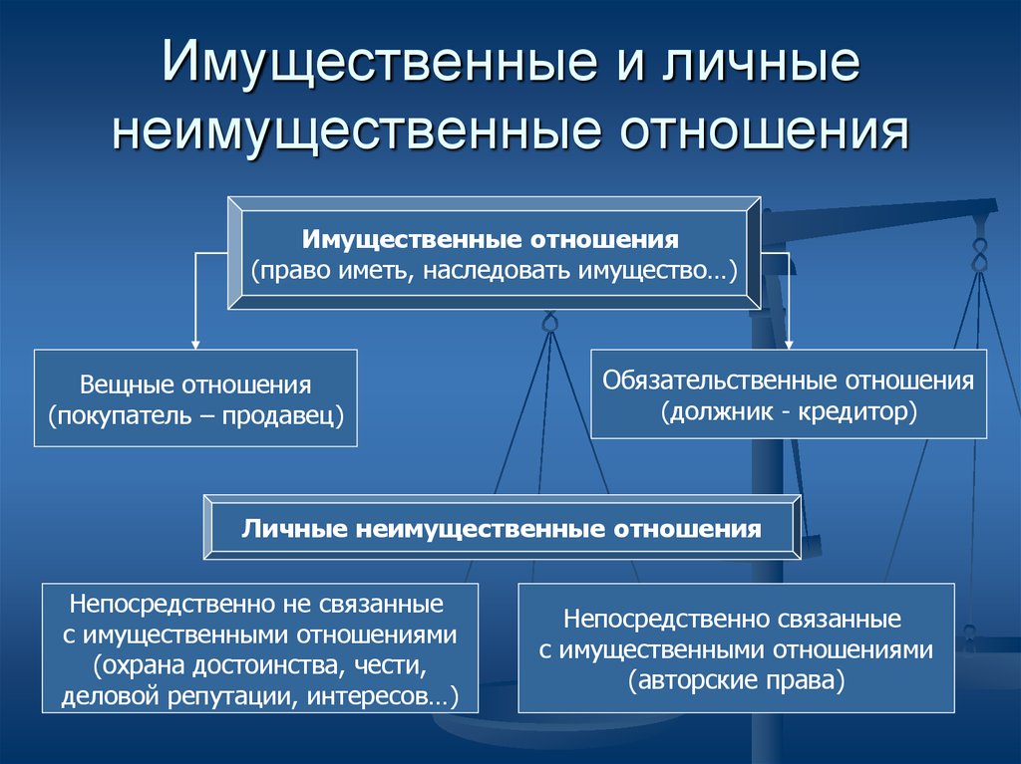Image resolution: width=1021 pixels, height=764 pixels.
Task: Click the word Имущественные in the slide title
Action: pos(380,61)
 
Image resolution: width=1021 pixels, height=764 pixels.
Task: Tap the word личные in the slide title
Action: pos(761,61)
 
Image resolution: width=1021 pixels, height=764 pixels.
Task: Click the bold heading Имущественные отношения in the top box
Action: pos(491,240)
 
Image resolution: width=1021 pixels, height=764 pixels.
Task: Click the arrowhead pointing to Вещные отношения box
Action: pos(194,345)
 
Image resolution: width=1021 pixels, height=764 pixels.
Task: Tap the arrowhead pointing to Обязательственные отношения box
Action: pos(790,345)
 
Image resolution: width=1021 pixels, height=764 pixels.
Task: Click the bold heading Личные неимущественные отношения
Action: pos(502,528)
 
